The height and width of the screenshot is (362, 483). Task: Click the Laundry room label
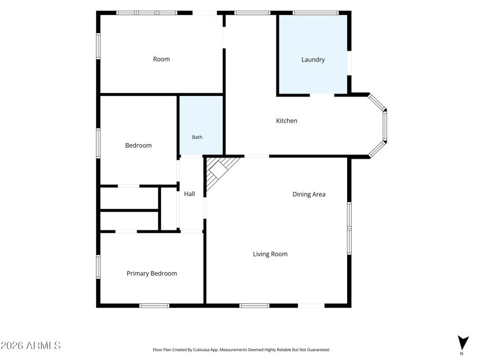point(313,60)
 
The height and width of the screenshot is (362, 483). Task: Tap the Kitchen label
point(286,121)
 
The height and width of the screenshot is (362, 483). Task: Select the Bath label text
point(197,138)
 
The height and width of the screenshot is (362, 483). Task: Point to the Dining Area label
point(309,194)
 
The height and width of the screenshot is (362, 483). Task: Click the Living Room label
point(270,254)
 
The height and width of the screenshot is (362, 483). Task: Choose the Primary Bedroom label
point(152,274)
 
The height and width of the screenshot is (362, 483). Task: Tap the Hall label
point(190,194)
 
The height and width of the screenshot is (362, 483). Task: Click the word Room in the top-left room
point(161,59)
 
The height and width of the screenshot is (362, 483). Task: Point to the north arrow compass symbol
point(462,343)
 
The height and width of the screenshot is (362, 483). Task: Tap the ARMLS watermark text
point(31,345)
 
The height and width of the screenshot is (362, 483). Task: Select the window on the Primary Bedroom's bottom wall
point(155,306)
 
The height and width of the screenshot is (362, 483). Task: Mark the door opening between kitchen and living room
point(257,156)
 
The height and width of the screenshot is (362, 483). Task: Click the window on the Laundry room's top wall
point(315,13)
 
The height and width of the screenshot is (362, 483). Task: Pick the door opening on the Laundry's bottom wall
point(322,95)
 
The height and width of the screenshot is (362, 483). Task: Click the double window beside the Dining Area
point(350,228)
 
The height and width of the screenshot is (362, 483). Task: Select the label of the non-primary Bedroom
point(138,145)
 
